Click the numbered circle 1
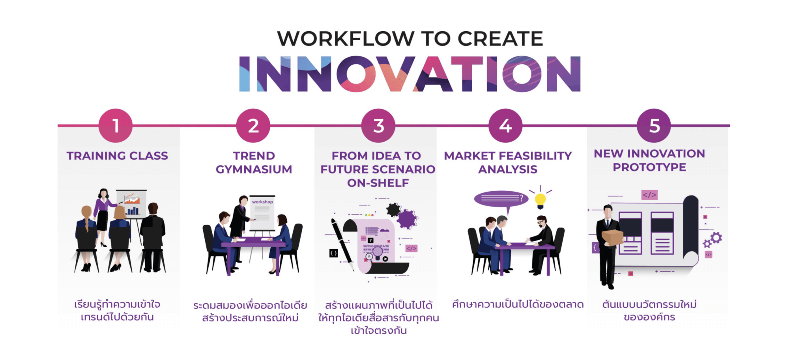tap(116, 126)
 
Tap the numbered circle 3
tap(378, 126)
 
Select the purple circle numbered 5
tap(654, 126)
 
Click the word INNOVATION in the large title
tap(410, 74)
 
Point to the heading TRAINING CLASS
tap(117, 156)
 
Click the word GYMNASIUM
tap(254, 169)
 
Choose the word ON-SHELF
tap(378, 183)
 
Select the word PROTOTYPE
tap(649, 167)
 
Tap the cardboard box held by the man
tap(612, 237)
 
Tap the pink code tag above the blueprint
tap(649, 195)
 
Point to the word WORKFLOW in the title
tap(346, 39)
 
